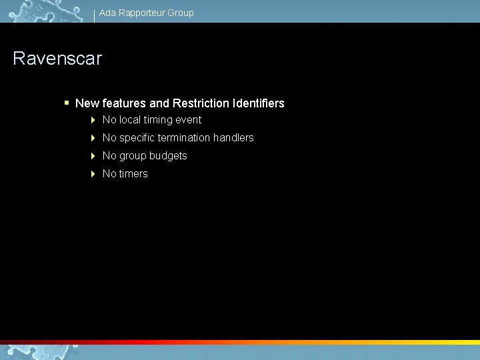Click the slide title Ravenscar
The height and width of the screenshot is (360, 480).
(x=57, y=59)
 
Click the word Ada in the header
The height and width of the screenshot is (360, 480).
(x=107, y=13)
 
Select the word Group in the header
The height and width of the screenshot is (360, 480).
(x=181, y=13)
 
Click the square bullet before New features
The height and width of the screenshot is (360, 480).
(x=67, y=103)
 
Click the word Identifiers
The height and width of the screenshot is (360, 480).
(x=259, y=103)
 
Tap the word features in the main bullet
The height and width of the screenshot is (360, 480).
(x=124, y=103)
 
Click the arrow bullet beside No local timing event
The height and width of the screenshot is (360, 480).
(x=93, y=120)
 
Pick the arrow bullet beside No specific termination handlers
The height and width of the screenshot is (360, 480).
(x=93, y=138)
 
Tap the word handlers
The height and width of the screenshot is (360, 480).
(x=233, y=138)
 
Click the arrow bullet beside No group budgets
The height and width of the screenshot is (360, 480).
(x=93, y=156)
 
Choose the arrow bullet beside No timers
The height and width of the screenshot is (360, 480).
(x=93, y=174)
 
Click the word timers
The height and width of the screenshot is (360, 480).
(x=133, y=174)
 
